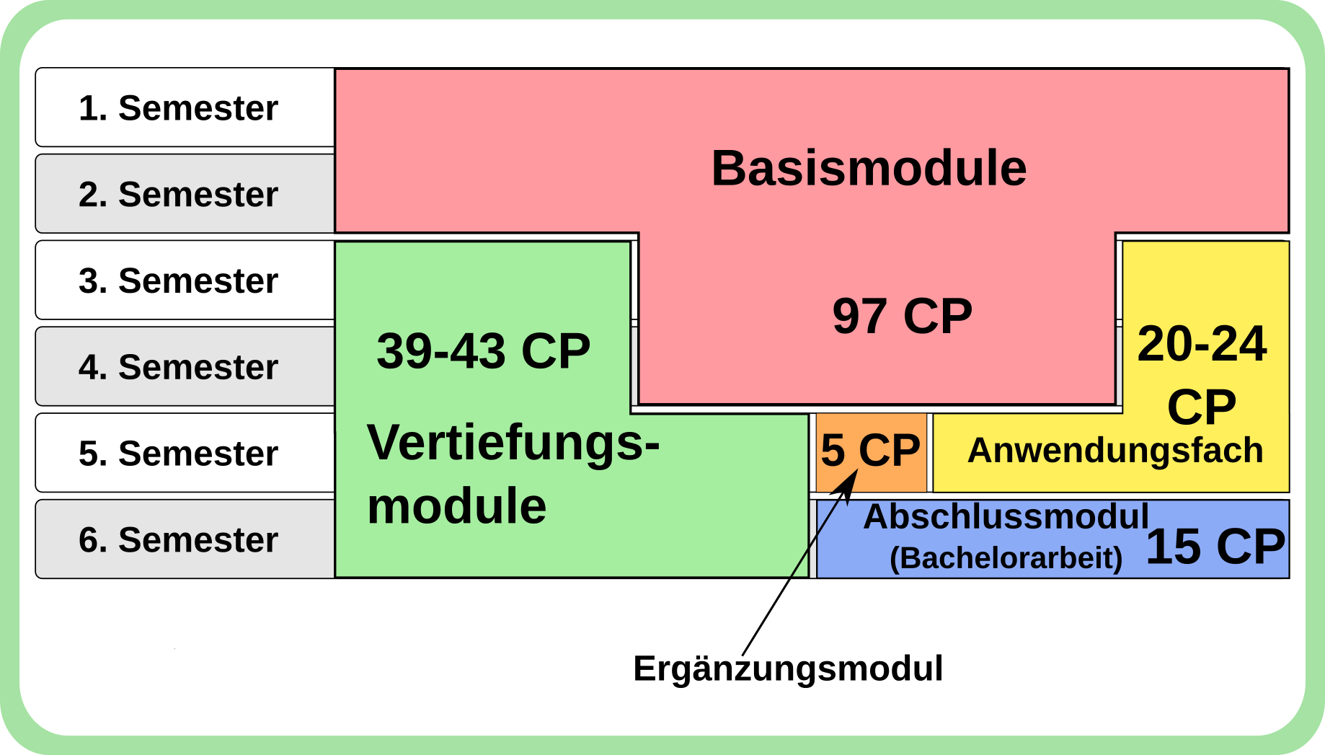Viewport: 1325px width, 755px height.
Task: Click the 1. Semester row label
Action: coord(178,108)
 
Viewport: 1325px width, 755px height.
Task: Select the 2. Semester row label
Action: coord(178,195)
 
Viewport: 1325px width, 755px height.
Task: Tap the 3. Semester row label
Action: coord(178,281)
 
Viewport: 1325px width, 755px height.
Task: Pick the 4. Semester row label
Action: coord(178,367)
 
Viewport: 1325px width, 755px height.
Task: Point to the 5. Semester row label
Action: coord(178,454)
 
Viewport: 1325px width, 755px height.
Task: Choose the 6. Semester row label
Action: coord(178,540)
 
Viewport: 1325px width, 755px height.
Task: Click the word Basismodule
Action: coord(869,169)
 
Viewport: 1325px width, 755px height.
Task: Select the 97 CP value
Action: coord(902,316)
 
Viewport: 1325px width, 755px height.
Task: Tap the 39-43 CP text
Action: coord(483,352)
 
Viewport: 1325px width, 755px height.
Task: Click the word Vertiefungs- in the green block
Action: coord(513,442)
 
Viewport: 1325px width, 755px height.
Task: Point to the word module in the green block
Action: coord(456,505)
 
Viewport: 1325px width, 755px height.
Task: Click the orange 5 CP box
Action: coord(871,451)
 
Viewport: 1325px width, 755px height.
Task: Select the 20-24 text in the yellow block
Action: coord(1202,344)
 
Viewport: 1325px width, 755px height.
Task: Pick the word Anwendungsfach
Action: coord(1115,451)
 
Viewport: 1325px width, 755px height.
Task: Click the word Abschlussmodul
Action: coord(1006,517)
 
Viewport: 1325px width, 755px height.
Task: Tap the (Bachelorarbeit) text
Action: coord(1006,558)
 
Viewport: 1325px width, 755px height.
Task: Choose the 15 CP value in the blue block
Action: coord(1215,547)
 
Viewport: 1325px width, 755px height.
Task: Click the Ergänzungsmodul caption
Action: coord(788,668)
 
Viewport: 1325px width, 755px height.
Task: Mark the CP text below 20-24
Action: coord(1202,407)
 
